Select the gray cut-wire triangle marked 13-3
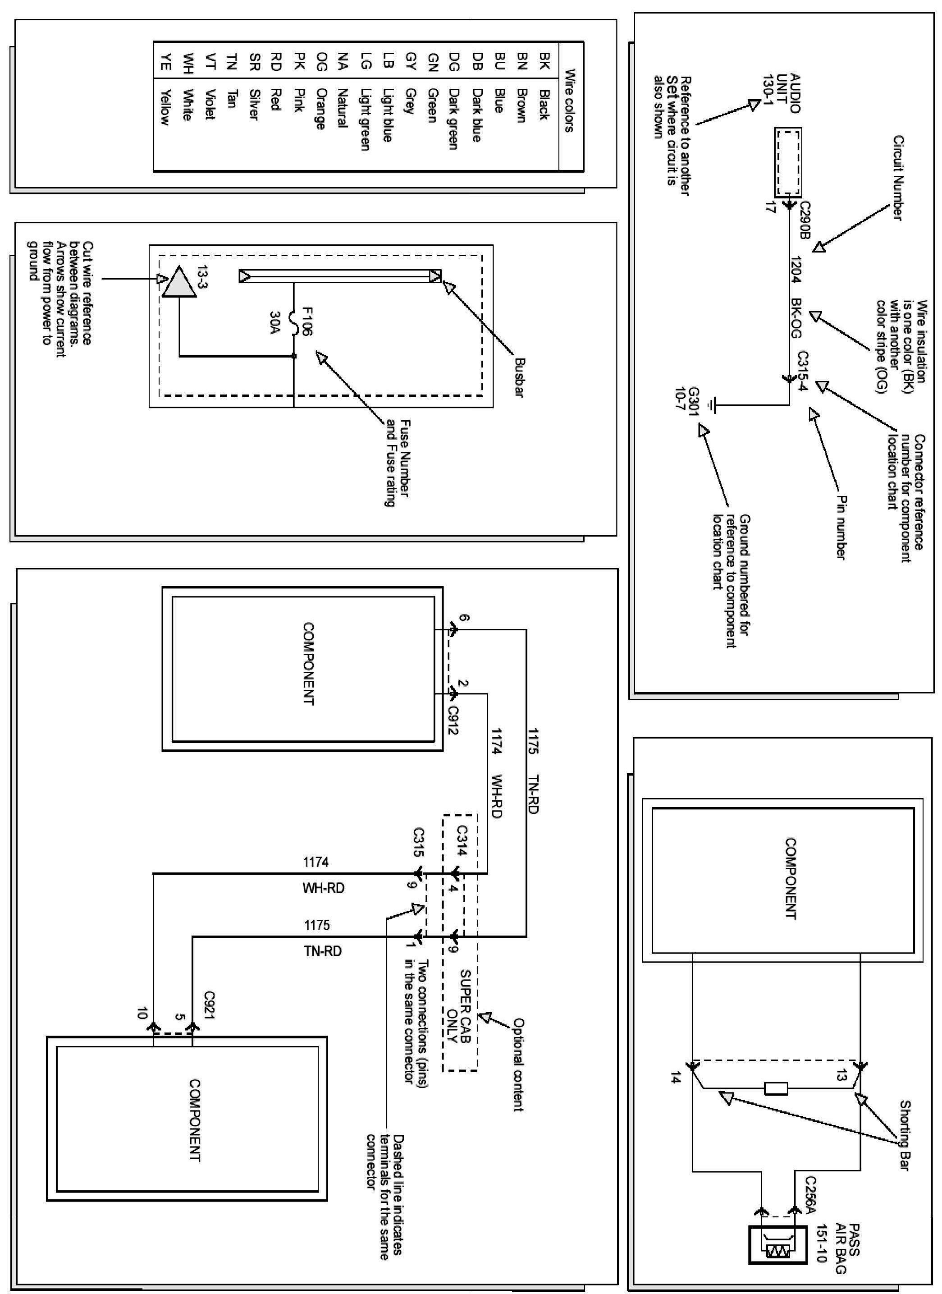pos(179,282)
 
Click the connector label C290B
pos(805,220)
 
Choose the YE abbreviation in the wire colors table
pos(165,64)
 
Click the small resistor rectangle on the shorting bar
pos(776,1088)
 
